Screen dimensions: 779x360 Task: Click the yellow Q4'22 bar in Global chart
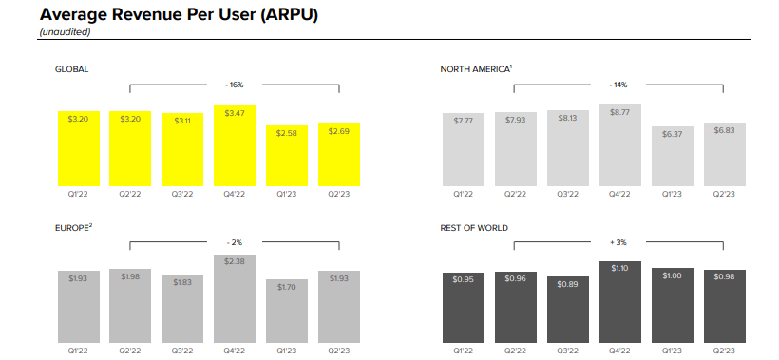click(235, 145)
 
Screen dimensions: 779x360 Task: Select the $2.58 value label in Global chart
click(287, 133)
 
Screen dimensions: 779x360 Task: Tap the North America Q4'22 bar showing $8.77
click(620, 145)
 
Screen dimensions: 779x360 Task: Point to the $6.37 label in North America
click(673, 135)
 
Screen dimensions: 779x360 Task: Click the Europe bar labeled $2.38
click(235, 298)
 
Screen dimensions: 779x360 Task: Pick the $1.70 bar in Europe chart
click(287, 311)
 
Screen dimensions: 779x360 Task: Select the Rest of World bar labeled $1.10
click(620, 302)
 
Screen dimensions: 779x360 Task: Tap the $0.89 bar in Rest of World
click(568, 310)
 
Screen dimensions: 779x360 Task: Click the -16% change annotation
click(234, 85)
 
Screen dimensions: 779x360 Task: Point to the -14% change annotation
click(618, 85)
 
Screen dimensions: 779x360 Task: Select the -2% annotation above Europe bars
click(234, 242)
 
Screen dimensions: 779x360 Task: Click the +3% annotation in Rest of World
click(618, 242)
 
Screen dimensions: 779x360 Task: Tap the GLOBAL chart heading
click(71, 69)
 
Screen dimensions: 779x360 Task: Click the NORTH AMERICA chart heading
click(476, 69)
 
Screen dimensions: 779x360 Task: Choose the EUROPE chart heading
click(74, 227)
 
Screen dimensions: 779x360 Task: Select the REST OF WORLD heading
click(474, 228)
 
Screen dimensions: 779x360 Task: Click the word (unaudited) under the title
click(66, 32)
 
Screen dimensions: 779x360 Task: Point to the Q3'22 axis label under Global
click(182, 194)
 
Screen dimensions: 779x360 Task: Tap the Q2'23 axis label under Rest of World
click(724, 351)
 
